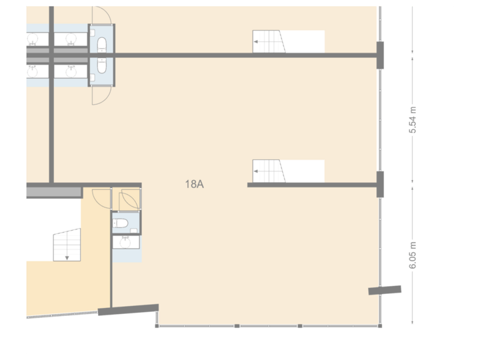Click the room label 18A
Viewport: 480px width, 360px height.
tap(194, 185)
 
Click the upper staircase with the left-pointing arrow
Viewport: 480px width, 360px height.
tap(270, 43)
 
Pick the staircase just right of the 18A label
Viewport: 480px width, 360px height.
tap(270, 171)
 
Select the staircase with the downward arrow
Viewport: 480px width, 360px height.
tap(67, 245)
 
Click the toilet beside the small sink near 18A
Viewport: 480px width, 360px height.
tap(122, 223)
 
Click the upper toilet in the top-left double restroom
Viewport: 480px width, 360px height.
tap(102, 45)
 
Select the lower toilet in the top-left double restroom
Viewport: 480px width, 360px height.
tap(102, 65)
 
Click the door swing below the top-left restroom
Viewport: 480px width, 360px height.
tap(102, 95)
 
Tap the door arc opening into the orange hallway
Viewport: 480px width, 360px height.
tap(99, 199)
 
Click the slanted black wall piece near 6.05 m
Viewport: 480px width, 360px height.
tap(385, 290)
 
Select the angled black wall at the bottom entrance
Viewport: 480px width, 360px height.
tap(128, 309)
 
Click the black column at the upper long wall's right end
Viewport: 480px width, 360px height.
tap(379, 55)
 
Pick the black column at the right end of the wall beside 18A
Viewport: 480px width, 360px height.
tap(379, 185)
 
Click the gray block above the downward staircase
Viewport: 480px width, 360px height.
tap(53, 192)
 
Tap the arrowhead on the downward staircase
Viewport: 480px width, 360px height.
tap(67, 257)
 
